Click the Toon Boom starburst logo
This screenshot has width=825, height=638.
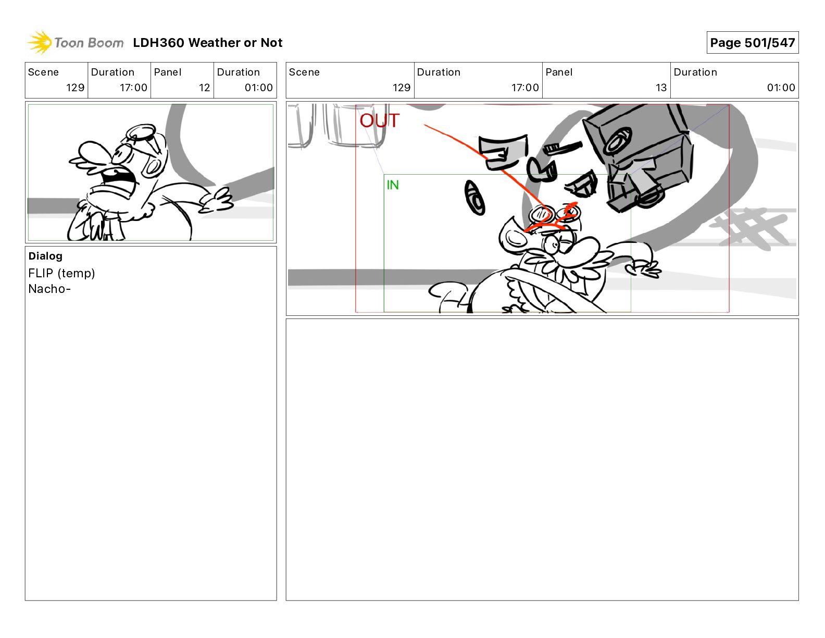[x=40, y=43]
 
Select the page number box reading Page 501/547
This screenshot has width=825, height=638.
[x=752, y=43]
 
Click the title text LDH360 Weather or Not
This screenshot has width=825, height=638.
[x=208, y=43]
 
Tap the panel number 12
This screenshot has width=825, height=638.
[x=204, y=88]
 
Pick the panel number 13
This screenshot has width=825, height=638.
[x=661, y=88]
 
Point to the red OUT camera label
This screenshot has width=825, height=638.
[x=379, y=120]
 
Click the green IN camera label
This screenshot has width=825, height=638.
[x=393, y=185]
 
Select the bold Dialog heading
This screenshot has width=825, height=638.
[x=45, y=256]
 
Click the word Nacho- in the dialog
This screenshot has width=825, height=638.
[x=49, y=289]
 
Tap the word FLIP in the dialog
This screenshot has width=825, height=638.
[x=40, y=273]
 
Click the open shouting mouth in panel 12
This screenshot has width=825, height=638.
[x=118, y=179]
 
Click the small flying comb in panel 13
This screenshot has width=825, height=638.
[x=562, y=148]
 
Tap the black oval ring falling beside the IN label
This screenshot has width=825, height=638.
[x=475, y=197]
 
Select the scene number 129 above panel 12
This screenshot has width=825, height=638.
[x=75, y=88]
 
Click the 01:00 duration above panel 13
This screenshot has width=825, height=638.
[x=781, y=88]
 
